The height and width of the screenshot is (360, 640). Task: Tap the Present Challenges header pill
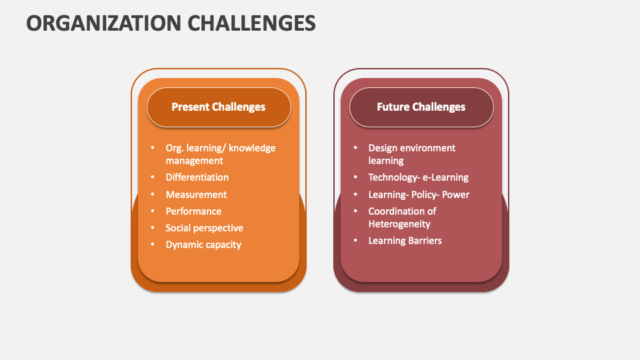(x=219, y=107)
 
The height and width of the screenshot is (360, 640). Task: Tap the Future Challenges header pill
(x=421, y=107)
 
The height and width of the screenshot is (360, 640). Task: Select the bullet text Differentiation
(x=197, y=177)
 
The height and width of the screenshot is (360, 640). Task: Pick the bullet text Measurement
(x=196, y=195)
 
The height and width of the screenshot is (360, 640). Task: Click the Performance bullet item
(x=193, y=211)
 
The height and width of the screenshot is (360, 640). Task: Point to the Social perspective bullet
(x=204, y=228)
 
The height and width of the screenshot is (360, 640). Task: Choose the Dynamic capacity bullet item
(x=203, y=245)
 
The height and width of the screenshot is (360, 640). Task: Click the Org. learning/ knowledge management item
(x=220, y=154)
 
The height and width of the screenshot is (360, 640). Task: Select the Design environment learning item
(x=411, y=154)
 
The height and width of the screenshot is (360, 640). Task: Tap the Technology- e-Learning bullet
(x=418, y=177)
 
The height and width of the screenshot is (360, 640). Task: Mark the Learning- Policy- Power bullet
(x=419, y=195)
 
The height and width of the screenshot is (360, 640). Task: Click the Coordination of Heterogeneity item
(x=402, y=217)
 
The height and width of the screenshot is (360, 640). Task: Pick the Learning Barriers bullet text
(x=405, y=241)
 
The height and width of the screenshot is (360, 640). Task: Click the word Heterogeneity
(x=399, y=224)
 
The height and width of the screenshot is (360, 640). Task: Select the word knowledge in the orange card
(x=253, y=148)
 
